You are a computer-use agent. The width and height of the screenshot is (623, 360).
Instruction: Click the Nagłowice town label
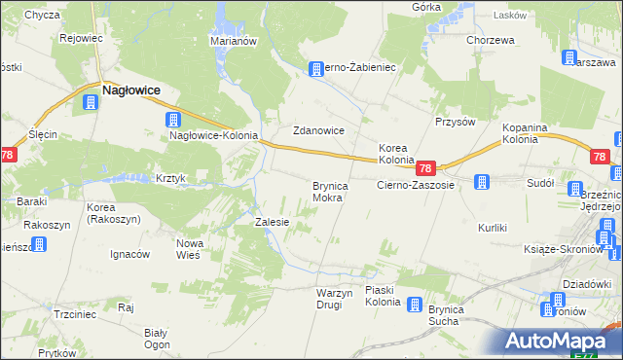pos(131,90)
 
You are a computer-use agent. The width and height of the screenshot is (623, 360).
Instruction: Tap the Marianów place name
pos(233,41)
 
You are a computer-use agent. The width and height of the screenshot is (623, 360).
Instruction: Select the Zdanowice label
pos(319,130)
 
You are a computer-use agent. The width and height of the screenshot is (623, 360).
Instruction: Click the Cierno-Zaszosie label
pos(416,184)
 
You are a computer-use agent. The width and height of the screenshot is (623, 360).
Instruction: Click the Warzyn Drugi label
pos(329,299)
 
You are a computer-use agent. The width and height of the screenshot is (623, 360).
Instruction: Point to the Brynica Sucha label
pos(451,314)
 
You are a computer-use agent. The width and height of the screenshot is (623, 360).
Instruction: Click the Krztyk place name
pos(170,179)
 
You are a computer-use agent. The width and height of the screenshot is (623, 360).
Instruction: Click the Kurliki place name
pos(493,228)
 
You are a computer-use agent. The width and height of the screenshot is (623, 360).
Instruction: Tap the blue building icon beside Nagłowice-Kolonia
pos(172,121)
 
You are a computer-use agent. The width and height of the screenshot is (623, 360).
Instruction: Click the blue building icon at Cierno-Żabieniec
pos(315,69)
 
